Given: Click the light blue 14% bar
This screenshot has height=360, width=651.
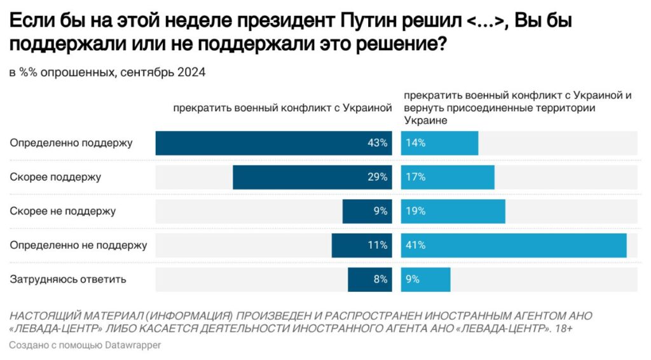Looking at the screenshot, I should tap(439, 143).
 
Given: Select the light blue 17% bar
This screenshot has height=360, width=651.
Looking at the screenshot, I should tap(448, 177).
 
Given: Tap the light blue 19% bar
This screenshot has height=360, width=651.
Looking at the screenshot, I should tap(453, 211).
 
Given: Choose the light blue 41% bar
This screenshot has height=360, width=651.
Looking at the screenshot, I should tap(514, 245).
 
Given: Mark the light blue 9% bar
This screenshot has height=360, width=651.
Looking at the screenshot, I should tap(425, 279).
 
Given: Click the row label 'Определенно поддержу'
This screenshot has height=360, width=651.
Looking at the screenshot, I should tap(71, 143).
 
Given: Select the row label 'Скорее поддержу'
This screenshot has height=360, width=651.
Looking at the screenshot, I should tap(55, 177).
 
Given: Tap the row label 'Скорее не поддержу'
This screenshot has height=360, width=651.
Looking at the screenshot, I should tap(63, 211).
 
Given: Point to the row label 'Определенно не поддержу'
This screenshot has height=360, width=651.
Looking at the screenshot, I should tap(78, 245).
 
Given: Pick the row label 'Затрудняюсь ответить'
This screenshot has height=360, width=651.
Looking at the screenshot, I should tap(68, 279).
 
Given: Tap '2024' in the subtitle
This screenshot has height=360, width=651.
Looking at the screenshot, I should tap(191, 73).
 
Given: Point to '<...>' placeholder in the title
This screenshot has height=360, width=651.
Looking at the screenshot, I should tap(485, 22).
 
